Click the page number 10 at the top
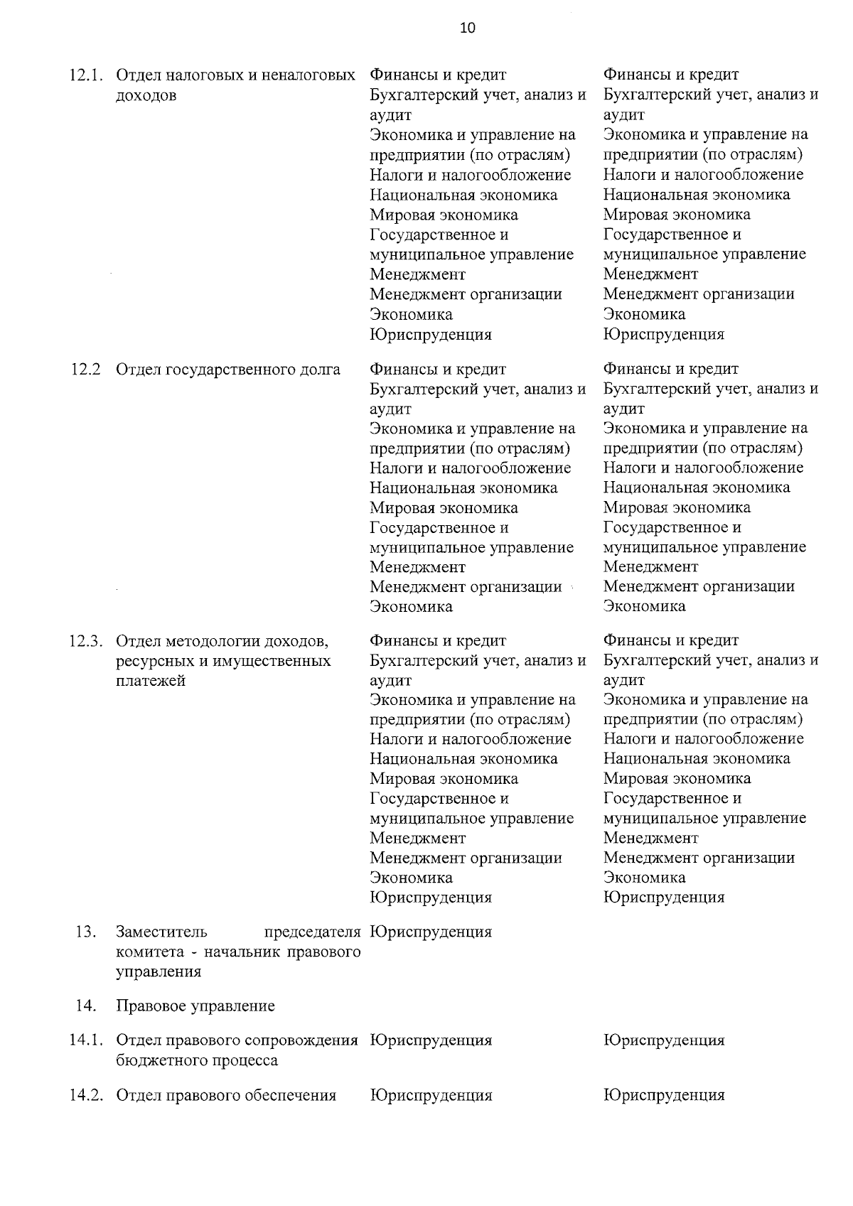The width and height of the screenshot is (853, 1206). [x=467, y=28]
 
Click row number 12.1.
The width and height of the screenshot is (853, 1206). [x=86, y=75]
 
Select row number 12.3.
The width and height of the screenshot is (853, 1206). [x=86, y=642]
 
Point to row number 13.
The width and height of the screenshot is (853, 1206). [x=85, y=932]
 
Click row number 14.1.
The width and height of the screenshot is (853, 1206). [x=86, y=1040]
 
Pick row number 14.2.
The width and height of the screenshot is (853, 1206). [x=86, y=1095]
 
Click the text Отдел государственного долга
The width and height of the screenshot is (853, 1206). [x=227, y=370]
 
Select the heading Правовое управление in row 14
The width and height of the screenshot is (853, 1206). [x=195, y=1006]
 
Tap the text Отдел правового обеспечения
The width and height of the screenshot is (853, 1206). [x=225, y=1095]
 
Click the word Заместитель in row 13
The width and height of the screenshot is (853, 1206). [x=161, y=932]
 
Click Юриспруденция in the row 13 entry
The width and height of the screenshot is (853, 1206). [x=431, y=932]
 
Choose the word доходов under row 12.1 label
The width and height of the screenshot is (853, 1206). [x=146, y=95]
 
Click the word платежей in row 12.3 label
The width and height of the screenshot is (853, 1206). [x=150, y=681]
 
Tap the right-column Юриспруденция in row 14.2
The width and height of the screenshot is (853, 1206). [x=664, y=1095]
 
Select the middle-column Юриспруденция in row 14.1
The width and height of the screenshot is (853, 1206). [x=431, y=1040]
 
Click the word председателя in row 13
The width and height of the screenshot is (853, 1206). [x=312, y=932]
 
